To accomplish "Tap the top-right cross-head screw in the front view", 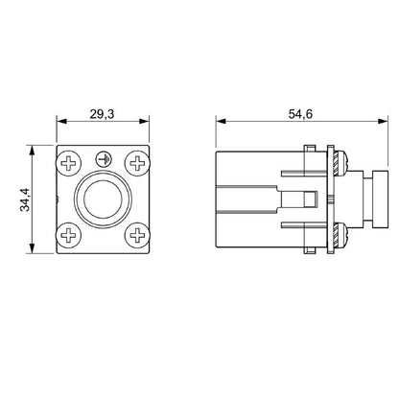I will pos(137,163).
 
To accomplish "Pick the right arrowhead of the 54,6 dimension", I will pos(367,123).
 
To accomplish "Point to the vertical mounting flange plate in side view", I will pos(331,199).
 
